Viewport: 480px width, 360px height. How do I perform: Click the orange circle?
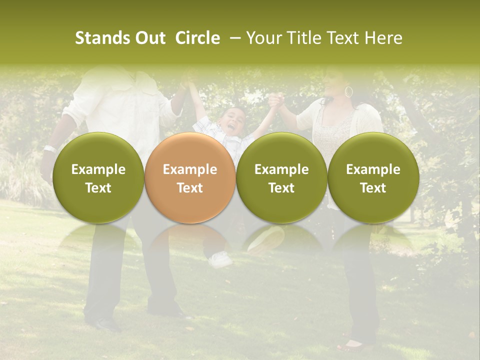[189, 177]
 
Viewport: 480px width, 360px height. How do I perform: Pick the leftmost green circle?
[98, 177]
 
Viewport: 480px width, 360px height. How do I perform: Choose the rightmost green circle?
[373, 177]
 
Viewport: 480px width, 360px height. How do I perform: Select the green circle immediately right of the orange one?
[281, 177]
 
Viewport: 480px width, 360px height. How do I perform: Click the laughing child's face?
[232, 121]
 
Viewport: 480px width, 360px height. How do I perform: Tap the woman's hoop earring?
[348, 91]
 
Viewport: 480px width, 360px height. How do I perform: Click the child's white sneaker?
[220, 259]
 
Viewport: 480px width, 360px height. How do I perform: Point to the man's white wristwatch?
[49, 148]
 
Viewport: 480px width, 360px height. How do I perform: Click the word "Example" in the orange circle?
[190, 169]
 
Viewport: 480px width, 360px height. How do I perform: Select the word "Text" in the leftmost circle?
[98, 188]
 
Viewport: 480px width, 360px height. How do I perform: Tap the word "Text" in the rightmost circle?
[373, 188]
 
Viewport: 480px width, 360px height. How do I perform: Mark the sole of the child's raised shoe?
[266, 238]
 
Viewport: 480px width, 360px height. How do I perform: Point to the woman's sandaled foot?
[352, 344]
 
